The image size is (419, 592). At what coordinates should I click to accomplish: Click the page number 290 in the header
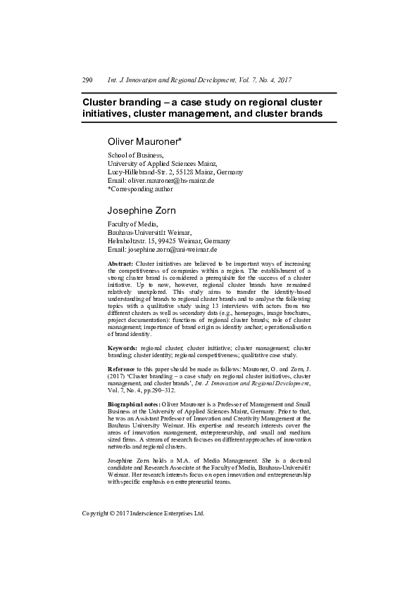coord(88,81)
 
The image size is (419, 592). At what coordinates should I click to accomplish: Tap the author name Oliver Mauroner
coord(144,141)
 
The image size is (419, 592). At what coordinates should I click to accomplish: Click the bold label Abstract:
coord(120,262)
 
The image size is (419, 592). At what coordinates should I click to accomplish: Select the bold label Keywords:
coord(123,347)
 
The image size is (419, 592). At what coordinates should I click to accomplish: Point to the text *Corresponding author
coord(139,188)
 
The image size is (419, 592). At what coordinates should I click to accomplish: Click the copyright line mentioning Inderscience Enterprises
coord(143,513)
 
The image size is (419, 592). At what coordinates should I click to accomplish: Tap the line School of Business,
coord(135,155)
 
